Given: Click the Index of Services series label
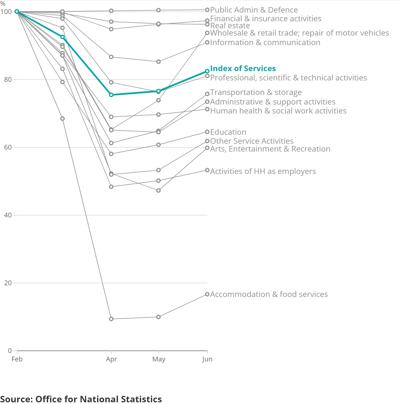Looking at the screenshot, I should click(x=243, y=68).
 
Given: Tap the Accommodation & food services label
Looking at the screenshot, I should click(x=269, y=294).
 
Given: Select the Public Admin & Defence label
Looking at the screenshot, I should click(x=254, y=10).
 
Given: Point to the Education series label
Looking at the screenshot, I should click(x=228, y=132).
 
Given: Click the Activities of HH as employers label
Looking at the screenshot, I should click(x=263, y=171).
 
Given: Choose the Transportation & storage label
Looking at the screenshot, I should click(x=256, y=92).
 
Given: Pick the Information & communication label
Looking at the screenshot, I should click(x=265, y=42).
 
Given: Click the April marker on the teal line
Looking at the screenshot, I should click(x=111, y=95).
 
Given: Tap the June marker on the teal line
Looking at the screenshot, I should click(x=207, y=71).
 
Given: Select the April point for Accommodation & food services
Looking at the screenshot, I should click(x=111, y=319).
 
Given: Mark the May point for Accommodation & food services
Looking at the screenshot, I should click(x=159, y=317).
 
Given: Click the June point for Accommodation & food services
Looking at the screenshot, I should click(x=207, y=294).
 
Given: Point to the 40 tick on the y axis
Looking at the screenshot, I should click(x=8, y=215).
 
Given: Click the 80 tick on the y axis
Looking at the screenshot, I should click(x=8, y=80).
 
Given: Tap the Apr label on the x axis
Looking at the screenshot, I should click(x=111, y=359).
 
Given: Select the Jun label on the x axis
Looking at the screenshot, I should click(x=207, y=359).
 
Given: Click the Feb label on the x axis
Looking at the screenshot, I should click(x=17, y=359).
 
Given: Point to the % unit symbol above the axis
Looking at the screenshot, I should click(x=3, y=4).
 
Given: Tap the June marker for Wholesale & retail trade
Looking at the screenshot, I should click(x=207, y=33).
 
